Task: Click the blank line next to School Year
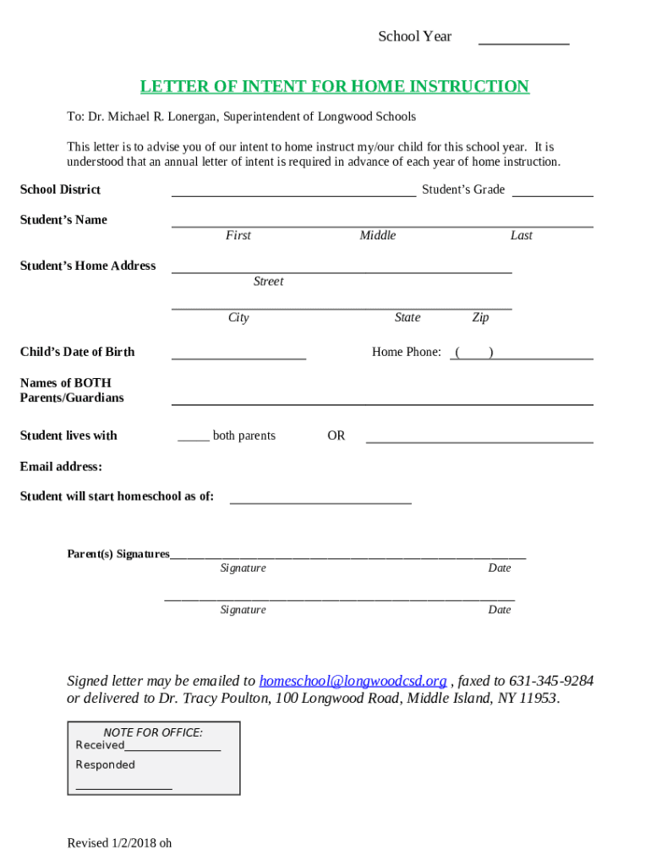click(x=523, y=41)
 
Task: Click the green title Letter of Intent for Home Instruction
click(x=335, y=86)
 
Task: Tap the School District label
click(x=60, y=189)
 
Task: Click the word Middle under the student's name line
click(x=377, y=235)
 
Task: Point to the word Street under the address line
click(x=268, y=281)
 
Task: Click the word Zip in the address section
click(x=480, y=317)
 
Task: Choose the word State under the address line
click(x=407, y=317)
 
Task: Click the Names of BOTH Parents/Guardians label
click(x=72, y=390)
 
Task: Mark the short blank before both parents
click(x=194, y=440)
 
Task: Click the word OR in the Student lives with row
click(x=336, y=436)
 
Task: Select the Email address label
click(x=61, y=466)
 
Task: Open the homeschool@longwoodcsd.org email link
click(x=353, y=681)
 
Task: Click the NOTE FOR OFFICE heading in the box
click(x=153, y=732)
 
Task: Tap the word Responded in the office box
click(x=105, y=765)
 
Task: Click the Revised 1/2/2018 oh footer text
click(x=119, y=842)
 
